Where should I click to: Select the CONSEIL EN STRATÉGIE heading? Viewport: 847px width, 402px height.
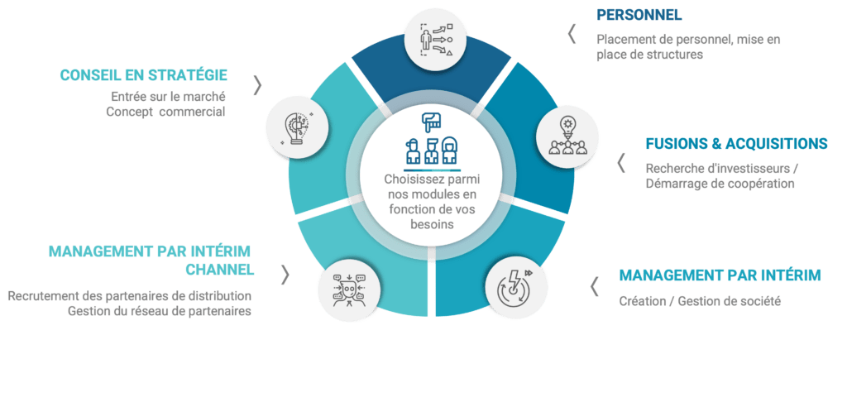coord(144,76)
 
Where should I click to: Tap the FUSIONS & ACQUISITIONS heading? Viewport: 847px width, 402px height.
coord(736,144)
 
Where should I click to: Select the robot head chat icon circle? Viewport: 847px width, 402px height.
coord(348,287)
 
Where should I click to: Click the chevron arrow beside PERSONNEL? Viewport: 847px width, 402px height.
coord(572,34)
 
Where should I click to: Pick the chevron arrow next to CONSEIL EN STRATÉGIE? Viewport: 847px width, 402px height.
coord(258,84)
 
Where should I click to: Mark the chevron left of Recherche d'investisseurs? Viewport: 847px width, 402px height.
coord(621,163)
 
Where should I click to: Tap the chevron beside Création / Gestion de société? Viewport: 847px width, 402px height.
coord(594,286)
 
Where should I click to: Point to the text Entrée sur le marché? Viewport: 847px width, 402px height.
coord(168,97)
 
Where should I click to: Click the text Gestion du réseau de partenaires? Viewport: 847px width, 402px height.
coord(160,311)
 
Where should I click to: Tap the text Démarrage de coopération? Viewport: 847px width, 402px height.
coord(719,184)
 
